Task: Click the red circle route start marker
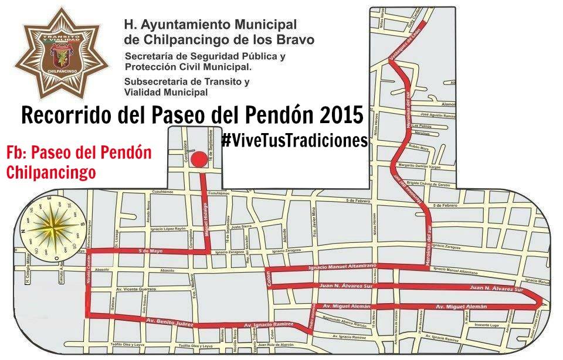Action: point(199,159)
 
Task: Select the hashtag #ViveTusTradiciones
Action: point(294,141)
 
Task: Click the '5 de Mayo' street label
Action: point(150,251)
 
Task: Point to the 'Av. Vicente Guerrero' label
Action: point(131,289)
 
